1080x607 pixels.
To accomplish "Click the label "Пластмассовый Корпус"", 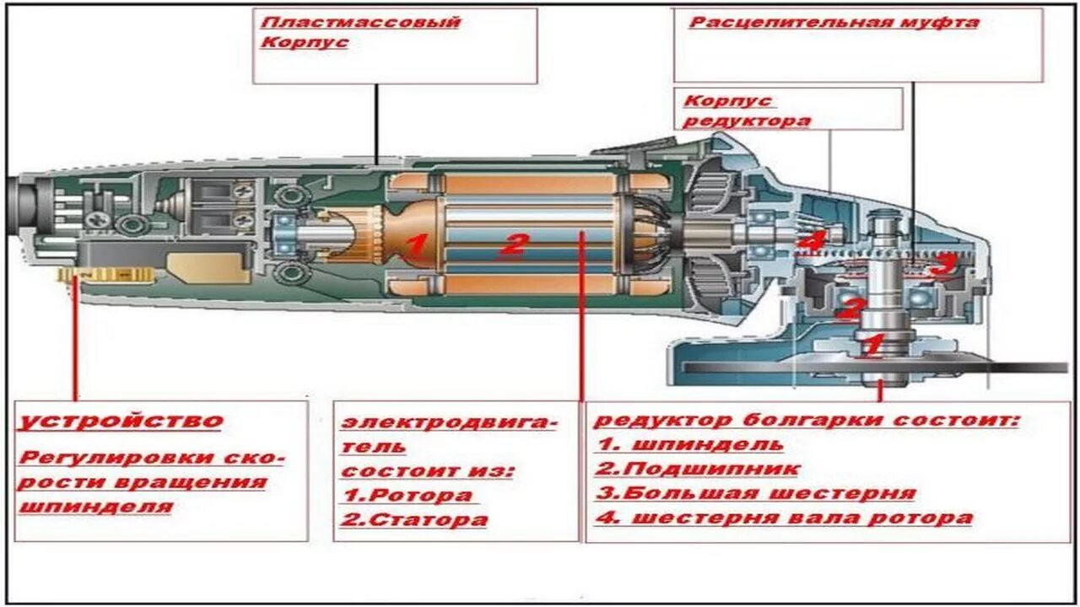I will click(x=360, y=32).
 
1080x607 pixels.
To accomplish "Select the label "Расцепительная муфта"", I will click(x=834, y=23).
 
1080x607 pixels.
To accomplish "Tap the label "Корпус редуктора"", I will click(x=747, y=110).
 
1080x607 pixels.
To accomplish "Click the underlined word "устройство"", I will click(x=121, y=421).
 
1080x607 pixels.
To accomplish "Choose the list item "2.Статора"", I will click(x=414, y=519).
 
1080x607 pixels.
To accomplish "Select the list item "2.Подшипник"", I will click(x=697, y=469).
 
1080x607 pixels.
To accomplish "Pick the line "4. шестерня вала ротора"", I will click(x=784, y=518).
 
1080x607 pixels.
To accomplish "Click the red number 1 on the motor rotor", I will click(x=416, y=246).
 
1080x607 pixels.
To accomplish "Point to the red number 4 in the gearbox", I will click(x=811, y=242).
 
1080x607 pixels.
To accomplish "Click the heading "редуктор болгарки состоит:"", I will click(x=807, y=420).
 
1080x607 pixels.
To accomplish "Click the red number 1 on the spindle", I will click(x=872, y=344).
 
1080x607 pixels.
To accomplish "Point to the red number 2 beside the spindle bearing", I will click(x=850, y=309).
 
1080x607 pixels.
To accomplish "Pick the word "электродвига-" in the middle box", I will click(x=448, y=422).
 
